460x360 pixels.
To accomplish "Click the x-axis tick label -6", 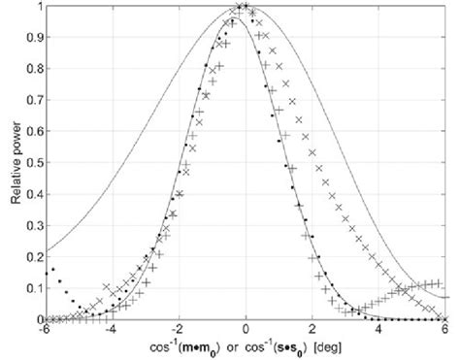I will (x=45, y=329).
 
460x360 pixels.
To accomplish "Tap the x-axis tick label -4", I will (x=111, y=329).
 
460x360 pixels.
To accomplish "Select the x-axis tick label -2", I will (x=178, y=329).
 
